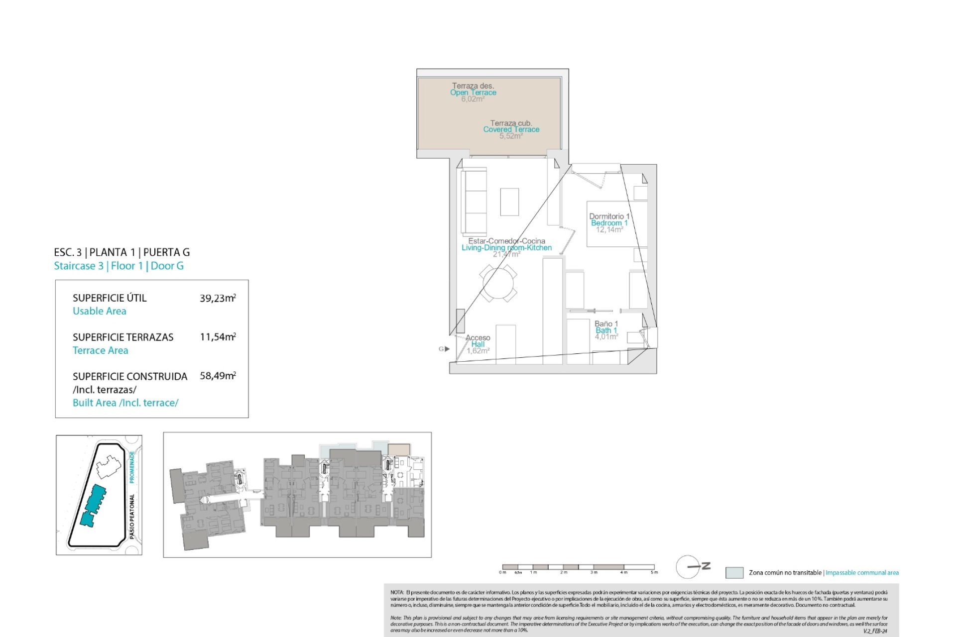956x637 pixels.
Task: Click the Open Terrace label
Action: (473, 93)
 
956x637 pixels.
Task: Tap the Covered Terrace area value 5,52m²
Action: (511, 136)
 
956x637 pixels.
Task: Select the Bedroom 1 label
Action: (609, 223)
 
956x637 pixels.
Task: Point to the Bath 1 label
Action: (606, 330)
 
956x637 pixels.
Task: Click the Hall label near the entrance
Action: (478, 344)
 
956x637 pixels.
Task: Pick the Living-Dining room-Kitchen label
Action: (506, 248)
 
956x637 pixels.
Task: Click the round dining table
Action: (498, 284)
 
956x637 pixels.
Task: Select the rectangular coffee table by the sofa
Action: (509, 202)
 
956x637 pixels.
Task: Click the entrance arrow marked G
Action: (447, 349)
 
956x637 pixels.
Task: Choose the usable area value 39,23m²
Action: (218, 298)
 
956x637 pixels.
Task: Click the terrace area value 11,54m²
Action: (218, 337)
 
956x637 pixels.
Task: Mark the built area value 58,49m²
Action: (218, 376)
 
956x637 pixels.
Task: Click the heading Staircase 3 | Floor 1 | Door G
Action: (119, 266)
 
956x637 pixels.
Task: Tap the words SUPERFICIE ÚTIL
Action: (110, 298)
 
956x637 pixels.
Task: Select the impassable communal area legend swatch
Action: (734, 572)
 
